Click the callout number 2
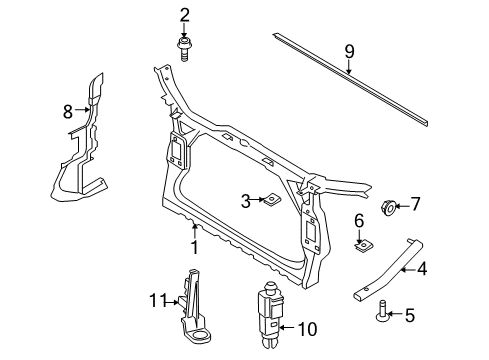[184, 16]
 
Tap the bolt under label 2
[183, 49]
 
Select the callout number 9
[349, 52]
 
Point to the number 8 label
[68, 111]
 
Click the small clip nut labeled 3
[272, 200]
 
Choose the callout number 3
[246, 201]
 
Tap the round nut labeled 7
[388, 207]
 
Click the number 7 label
[415, 204]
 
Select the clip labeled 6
[363, 247]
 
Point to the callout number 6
[359, 221]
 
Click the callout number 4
[422, 269]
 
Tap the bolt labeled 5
[382, 311]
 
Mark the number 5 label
[410, 315]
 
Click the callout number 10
[307, 329]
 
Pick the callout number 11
[158, 300]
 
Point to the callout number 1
[194, 247]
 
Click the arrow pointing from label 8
[82, 109]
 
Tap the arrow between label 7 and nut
[402, 206]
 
